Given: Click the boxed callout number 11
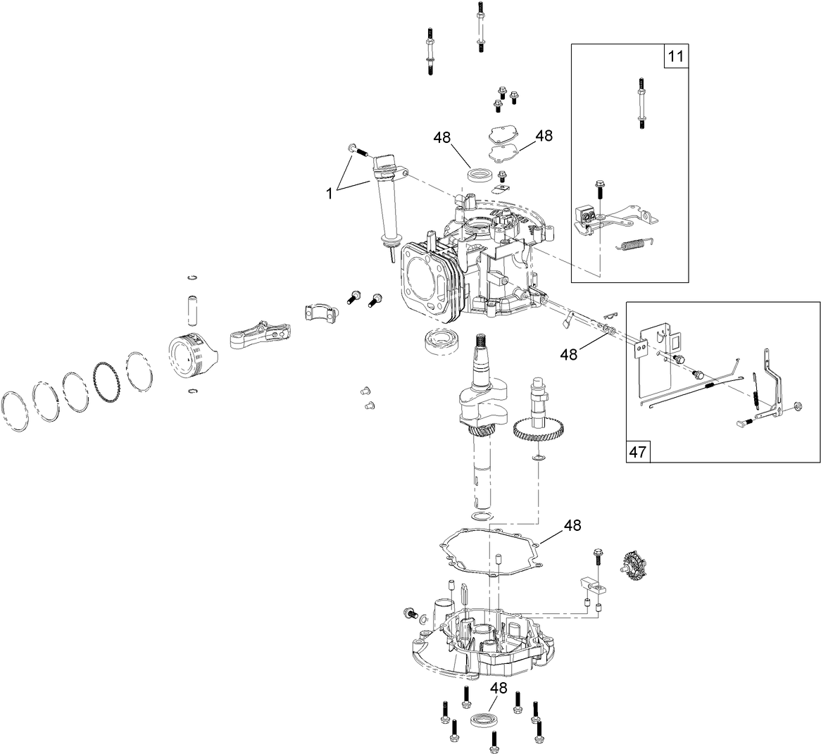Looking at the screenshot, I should (x=675, y=56).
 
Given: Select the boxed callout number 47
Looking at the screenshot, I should (x=639, y=451).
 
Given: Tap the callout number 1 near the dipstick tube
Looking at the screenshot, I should (x=329, y=191).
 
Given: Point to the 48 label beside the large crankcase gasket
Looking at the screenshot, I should (x=572, y=525).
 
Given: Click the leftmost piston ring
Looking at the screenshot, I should (x=15, y=411).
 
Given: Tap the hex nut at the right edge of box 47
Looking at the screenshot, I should (x=798, y=406).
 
